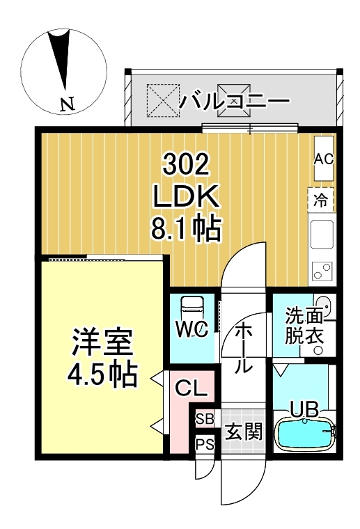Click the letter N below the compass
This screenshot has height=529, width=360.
67,105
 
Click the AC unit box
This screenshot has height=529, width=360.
324,159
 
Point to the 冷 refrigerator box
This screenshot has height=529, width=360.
321,201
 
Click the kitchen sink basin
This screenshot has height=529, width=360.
322,235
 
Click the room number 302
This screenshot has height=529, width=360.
186,166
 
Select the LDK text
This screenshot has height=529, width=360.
186,198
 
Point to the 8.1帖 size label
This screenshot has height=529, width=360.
186,228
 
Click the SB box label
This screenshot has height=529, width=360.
204,419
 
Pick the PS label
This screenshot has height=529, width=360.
204,443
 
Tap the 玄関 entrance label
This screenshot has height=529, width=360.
243,433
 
